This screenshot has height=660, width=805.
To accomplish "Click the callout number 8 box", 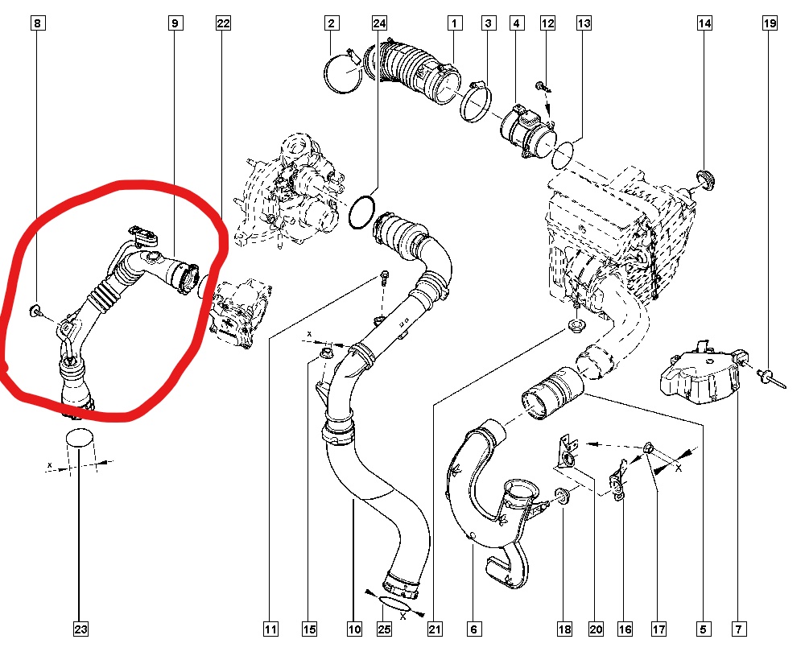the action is coord(38,23).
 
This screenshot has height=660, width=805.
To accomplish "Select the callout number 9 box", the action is coord(175,23).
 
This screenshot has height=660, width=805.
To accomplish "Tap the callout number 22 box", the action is coord(223,23).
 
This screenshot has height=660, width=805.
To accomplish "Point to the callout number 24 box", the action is coord(379,23).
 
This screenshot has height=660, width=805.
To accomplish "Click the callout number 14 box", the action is coord(705,23).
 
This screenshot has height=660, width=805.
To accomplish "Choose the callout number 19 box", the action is coord(770,23).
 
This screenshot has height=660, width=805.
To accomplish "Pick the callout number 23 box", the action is coord(80,629).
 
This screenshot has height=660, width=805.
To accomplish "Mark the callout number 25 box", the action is coord(384,629).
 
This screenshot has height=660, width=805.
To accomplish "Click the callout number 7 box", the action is coord(739,629).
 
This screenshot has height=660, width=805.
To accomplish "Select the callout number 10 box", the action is coord(354,629).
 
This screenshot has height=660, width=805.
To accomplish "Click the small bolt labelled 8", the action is coord(35,311).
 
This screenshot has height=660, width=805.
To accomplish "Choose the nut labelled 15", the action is coord(325,353).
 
